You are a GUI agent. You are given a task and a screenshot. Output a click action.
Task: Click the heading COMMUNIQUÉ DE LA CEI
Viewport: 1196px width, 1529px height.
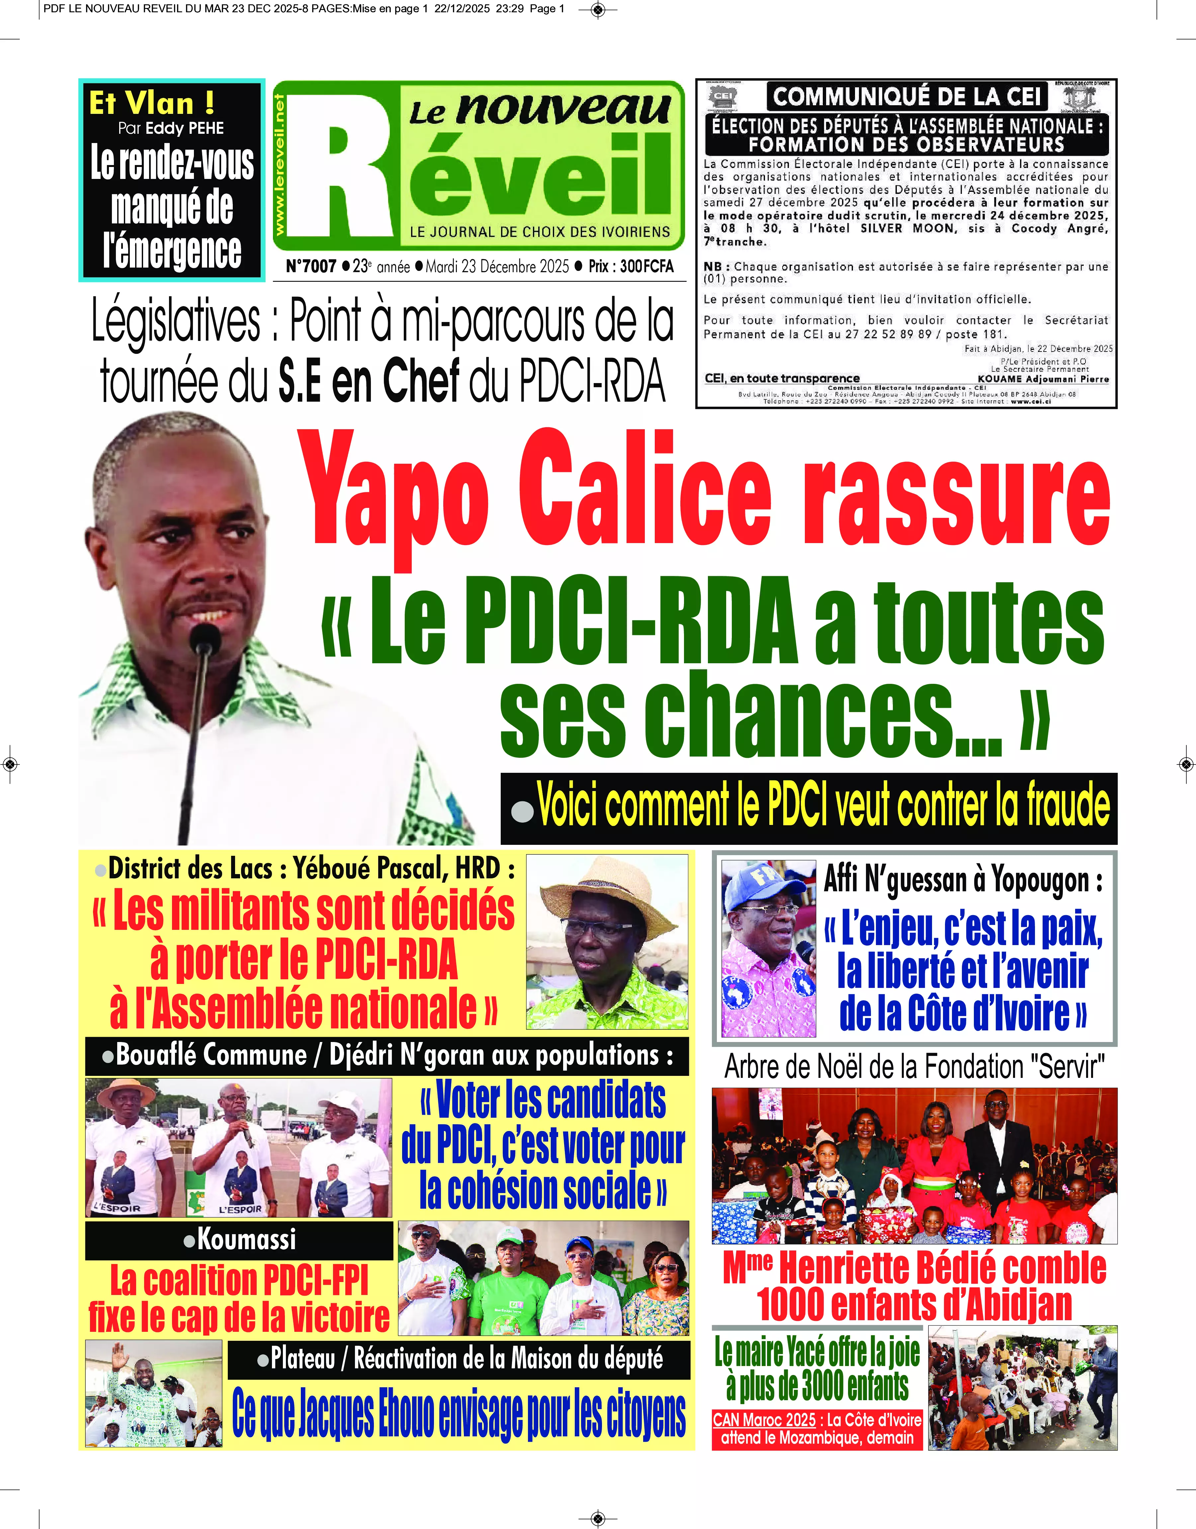[x=907, y=97]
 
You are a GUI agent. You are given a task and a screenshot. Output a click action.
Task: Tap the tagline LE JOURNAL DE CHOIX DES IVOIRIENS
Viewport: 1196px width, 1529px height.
[x=540, y=232]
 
